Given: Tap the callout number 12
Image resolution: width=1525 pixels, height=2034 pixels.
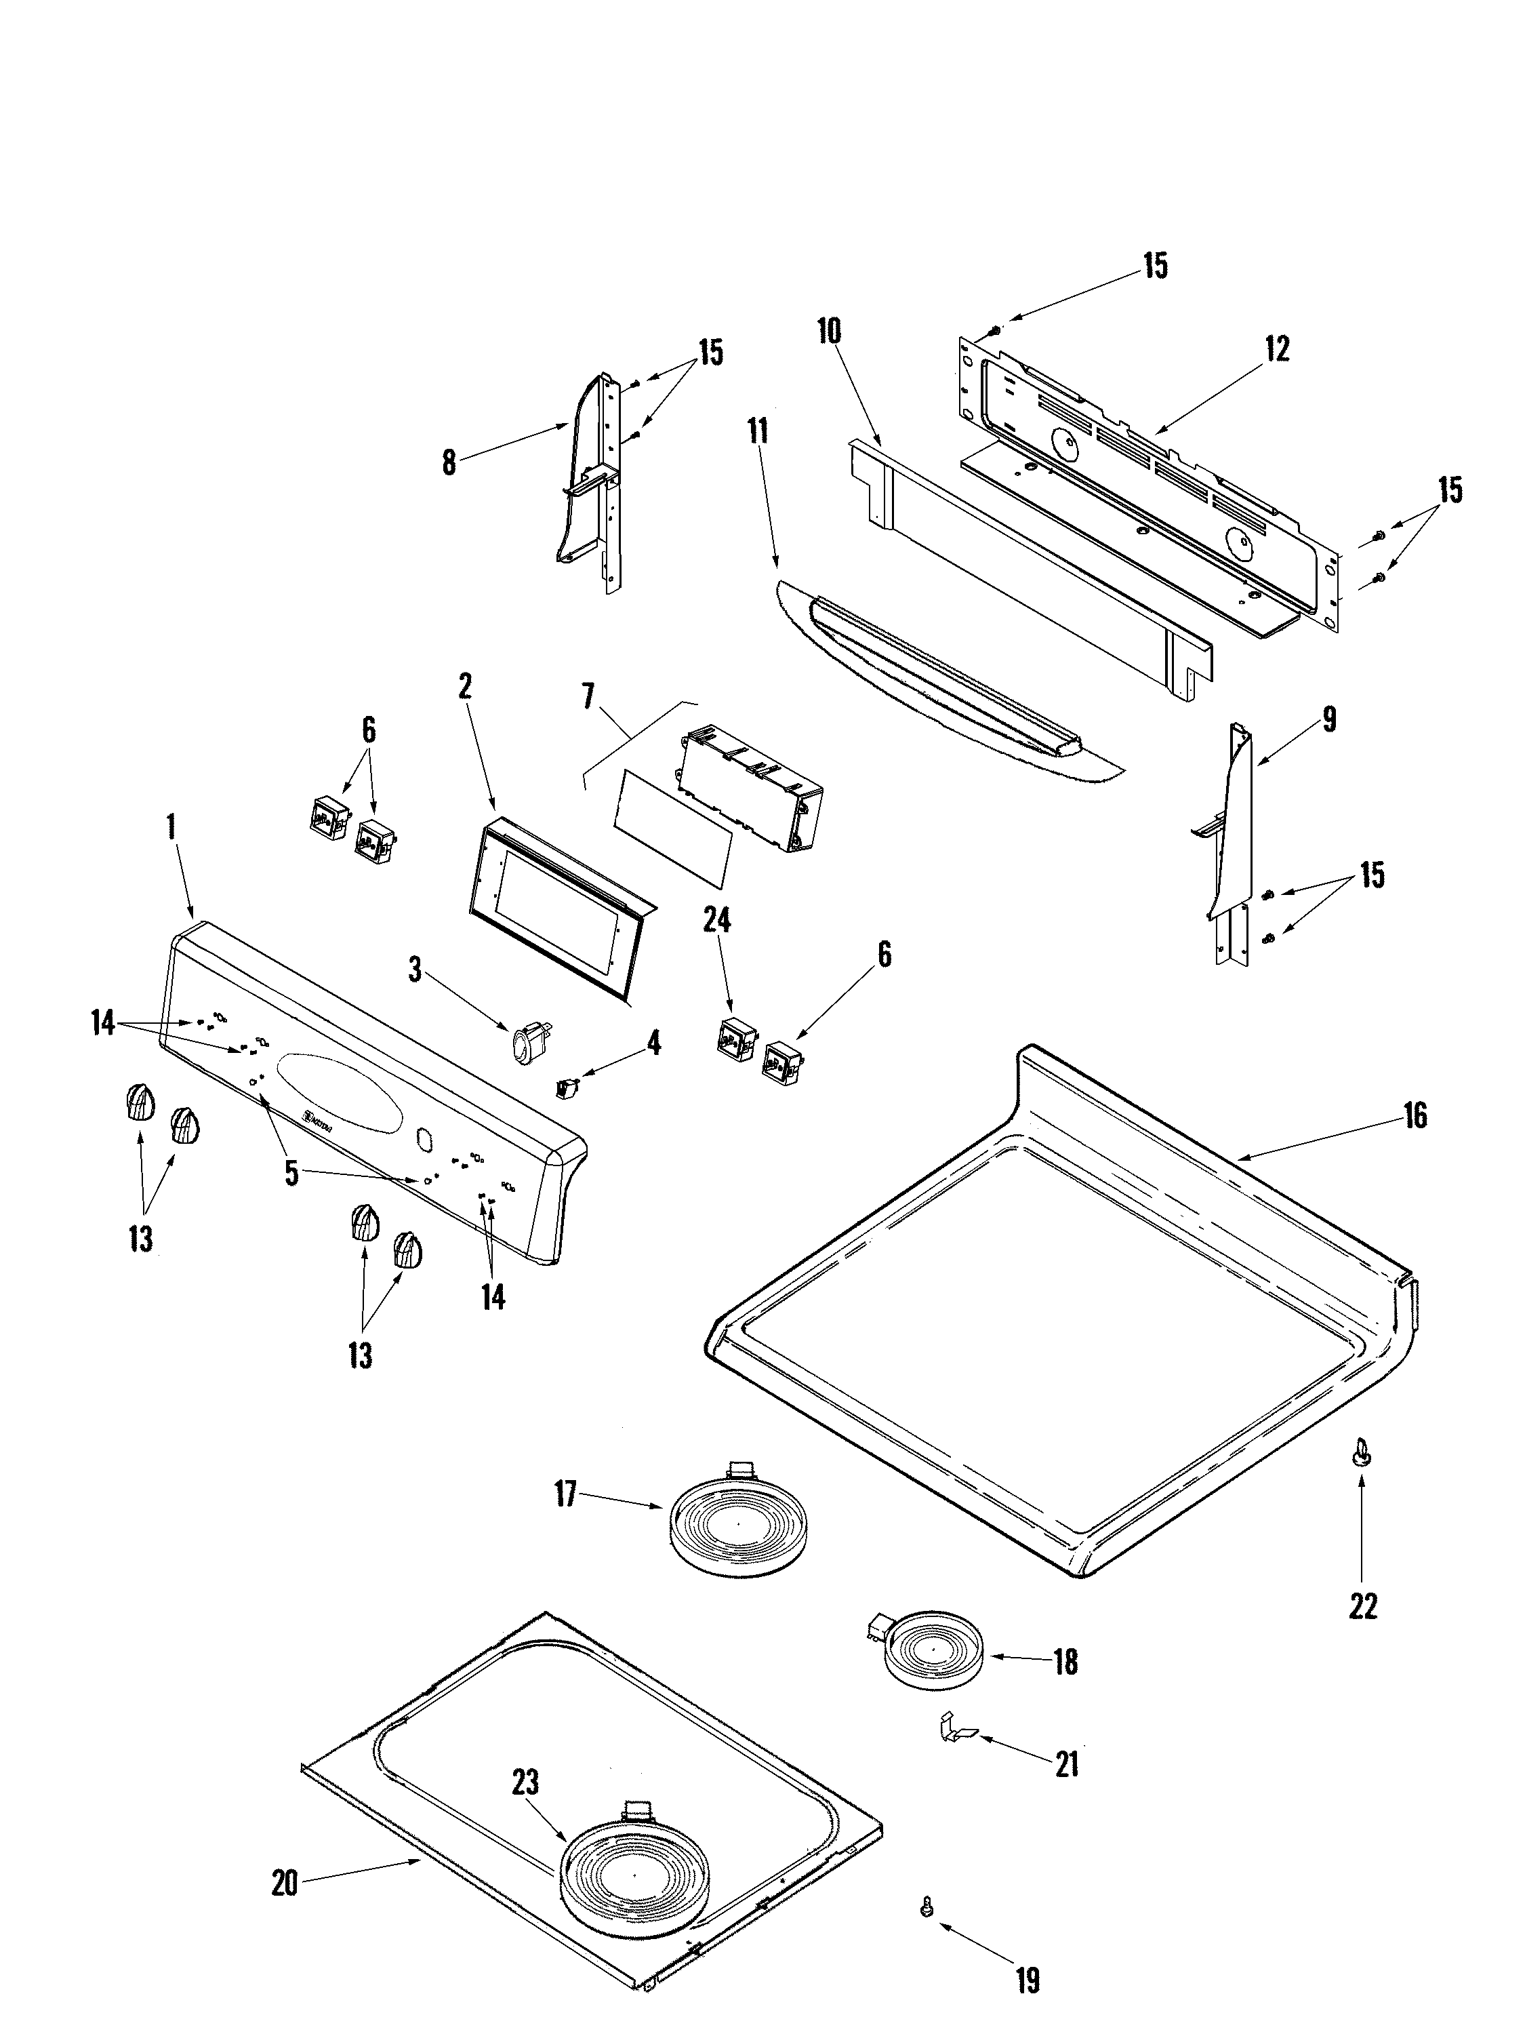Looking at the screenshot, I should coord(1277,348).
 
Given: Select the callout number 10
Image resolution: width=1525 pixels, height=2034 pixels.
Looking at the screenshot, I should coord(829,331).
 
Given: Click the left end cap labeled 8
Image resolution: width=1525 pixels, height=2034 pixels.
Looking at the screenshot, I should coord(588,478).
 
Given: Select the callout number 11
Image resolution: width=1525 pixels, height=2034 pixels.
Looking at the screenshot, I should coord(758,431).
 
